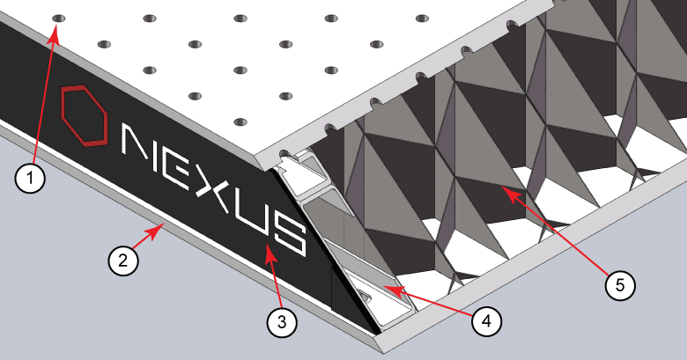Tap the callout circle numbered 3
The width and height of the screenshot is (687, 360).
[281, 321]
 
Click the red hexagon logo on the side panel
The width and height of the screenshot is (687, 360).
[84, 114]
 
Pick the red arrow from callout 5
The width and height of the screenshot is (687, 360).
[555, 230]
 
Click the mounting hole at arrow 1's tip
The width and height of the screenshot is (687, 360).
[58, 18]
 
